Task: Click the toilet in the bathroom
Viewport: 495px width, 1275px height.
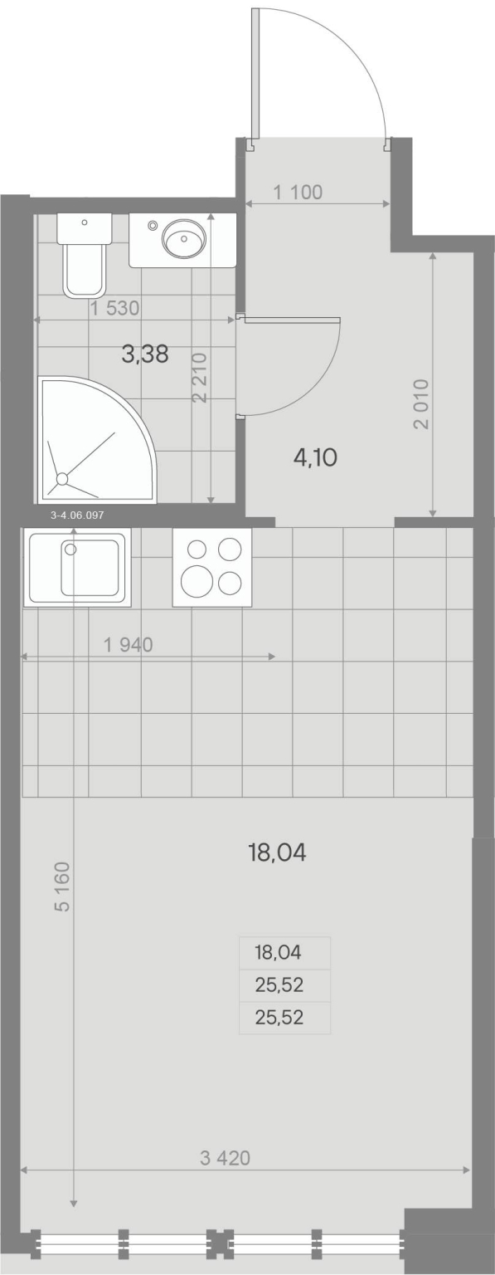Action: click(x=84, y=255)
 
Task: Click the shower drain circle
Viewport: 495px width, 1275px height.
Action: click(x=62, y=479)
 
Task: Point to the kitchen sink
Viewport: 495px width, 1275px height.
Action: click(x=76, y=567)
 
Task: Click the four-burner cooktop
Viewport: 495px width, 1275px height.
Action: click(x=212, y=567)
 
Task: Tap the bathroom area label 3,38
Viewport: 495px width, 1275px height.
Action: click(x=145, y=354)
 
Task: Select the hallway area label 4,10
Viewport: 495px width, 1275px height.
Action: click(x=315, y=457)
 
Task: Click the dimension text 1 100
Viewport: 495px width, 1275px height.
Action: click(x=298, y=193)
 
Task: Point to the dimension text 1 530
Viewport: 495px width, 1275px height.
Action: click(x=115, y=308)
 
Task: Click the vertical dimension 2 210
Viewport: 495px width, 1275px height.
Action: click(x=200, y=378)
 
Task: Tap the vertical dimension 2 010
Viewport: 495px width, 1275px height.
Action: click(x=422, y=404)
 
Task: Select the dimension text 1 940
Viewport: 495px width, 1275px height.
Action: click(x=129, y=645)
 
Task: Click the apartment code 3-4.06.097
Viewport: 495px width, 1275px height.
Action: click(x=77, y=515)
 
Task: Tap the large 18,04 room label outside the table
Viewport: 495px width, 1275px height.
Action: click(x=277, y=852)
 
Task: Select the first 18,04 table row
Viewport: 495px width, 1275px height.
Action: click(x=279, y=952)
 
